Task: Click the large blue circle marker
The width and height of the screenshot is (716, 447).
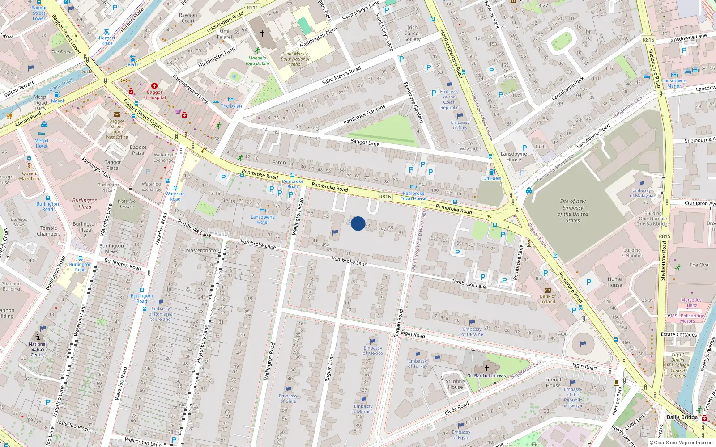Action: [x=358, y=223]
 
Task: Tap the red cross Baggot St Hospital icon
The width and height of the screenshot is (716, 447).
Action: [x=154, y=85]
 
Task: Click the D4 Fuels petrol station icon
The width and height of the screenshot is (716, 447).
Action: [x=492, y=172]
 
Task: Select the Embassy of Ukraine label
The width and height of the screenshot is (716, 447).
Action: [x=472, y=332]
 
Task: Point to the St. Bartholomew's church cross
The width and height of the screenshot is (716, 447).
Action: [x=487, y=368]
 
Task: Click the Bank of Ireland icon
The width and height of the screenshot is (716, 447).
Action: [x=547, y=291]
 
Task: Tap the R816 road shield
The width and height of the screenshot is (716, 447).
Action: [x=385, y=197]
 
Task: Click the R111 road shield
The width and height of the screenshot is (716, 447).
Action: [x=252, y=8]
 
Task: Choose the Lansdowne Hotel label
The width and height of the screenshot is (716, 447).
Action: [x=263, y=219]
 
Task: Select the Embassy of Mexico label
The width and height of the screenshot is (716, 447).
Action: [x=373, y=350]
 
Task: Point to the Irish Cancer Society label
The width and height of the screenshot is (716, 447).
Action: [x=412, y=34]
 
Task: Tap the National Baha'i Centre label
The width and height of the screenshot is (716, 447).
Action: [x=38, y=349]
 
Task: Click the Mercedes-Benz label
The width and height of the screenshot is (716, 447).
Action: [x=691, y=303]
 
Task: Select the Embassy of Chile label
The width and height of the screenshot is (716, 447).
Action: [x=288, y=398]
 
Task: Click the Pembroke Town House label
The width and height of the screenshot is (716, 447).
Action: [x=413, y=196]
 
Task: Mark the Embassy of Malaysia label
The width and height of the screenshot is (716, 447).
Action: [x=642, y=193]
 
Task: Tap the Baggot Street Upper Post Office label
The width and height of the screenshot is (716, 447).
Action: [x=116, y=129]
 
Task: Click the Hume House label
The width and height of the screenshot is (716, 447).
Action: [x=614, y=282]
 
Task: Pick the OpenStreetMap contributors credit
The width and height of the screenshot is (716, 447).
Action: [x=682, y=443]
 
